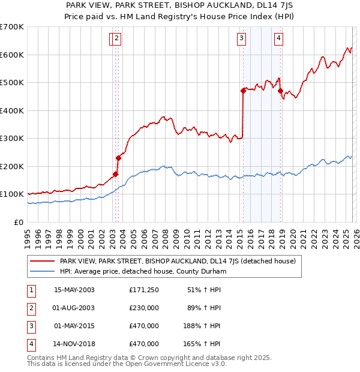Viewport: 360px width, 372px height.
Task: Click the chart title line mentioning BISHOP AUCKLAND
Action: click(x=179, y=5)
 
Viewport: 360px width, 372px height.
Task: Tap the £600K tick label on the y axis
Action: click(x=12, y=55)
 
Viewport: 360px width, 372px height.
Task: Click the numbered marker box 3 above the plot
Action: click(x=241, y=39)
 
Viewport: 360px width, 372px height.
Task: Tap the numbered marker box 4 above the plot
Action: click(x=279, y=39)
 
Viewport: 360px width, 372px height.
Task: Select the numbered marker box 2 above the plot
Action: click(x=116, y=39)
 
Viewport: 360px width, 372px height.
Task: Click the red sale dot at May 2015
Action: click(x=243, y=91)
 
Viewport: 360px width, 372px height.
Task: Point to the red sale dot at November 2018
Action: click(x=281, y=91)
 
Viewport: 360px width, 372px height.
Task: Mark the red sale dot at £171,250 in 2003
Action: click(x=116, y=174)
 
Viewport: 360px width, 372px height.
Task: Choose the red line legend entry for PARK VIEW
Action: click(x=177, y=261)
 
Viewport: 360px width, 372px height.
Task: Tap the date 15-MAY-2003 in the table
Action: click(x=74, y=290)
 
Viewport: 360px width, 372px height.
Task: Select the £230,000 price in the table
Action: click(x=144, y=308)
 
